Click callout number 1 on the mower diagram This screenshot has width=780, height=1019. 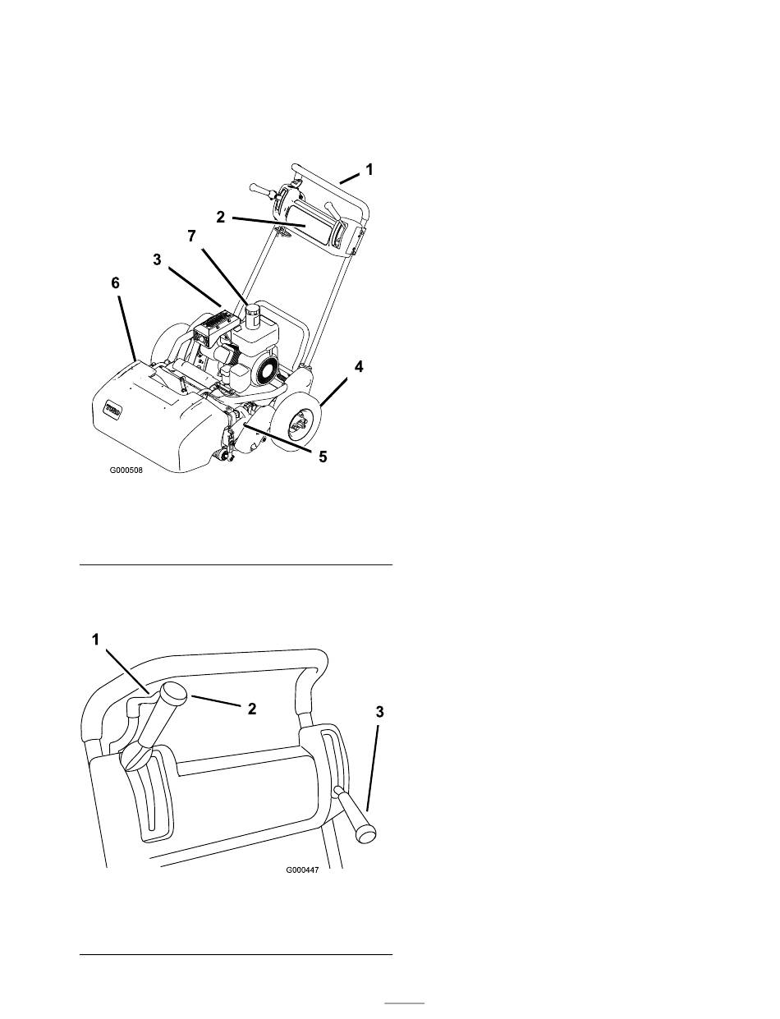tap(369, 169)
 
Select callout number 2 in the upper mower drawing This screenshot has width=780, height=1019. tap(220, 217)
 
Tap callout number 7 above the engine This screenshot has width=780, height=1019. tap(191, 236)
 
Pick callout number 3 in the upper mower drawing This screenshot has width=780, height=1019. tap(157, 259)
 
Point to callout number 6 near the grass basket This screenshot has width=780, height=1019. tap(115, 283)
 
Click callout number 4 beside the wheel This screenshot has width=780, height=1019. tap(359, 367)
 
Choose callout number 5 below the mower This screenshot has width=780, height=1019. tap(323, 457)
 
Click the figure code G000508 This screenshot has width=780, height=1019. tap(126, 470)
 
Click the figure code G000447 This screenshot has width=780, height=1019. tap(302, 870)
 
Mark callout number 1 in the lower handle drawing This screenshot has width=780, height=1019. tap(95, 639)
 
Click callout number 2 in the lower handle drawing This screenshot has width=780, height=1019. tap(252, 709)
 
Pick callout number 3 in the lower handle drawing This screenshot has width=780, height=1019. tap(379, 712)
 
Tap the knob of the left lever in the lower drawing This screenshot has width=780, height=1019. tap(173, 693)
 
